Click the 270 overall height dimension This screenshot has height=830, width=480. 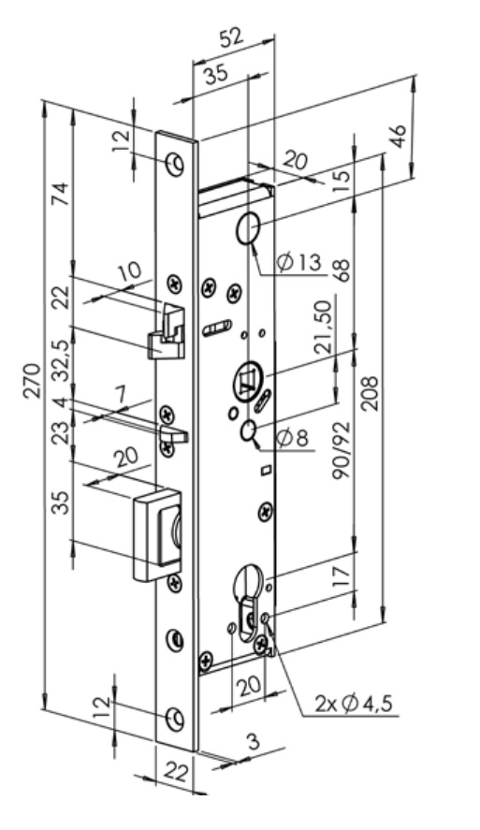click(33, 380)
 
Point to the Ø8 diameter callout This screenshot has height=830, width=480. click(293, 438)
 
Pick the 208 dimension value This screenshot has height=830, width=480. click(370, 393)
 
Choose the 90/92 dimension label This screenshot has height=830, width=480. click(342, 450)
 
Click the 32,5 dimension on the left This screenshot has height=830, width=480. click(62, 360)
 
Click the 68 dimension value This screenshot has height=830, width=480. click(343, 270)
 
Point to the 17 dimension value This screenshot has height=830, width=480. click(342, 575)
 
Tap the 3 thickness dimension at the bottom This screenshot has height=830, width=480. click(254, 742)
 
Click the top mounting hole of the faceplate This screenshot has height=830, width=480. click(175, 164)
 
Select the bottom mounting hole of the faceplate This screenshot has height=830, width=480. click(175, 719)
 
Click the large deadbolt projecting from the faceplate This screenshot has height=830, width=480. click(157, 534)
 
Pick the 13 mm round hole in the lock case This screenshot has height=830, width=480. click(247, 228)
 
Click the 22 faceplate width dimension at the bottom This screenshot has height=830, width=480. click(175, 773)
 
